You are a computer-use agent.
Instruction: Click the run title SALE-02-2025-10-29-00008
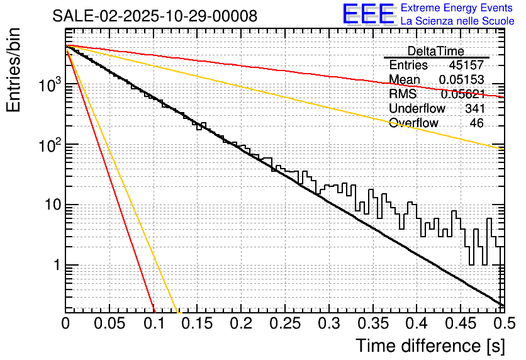point(155,16)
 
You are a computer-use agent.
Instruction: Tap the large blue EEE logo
point(368,15)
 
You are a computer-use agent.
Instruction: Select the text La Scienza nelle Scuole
point(457,21)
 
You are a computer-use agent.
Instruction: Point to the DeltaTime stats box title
point(435,51)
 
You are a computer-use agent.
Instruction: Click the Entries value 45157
point(466,65)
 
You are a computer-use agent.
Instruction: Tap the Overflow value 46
point(476,123)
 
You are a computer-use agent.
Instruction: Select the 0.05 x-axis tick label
point(109,324)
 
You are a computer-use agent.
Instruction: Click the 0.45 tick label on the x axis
point(459,324)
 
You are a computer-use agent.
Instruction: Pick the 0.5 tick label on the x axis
point(503,324)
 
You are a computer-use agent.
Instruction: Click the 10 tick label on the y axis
point(51,205)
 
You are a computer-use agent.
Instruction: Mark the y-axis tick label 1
point(56,265)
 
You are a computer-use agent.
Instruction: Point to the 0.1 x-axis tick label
point(153,324)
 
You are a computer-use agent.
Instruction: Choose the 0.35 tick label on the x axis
point(371,324)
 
